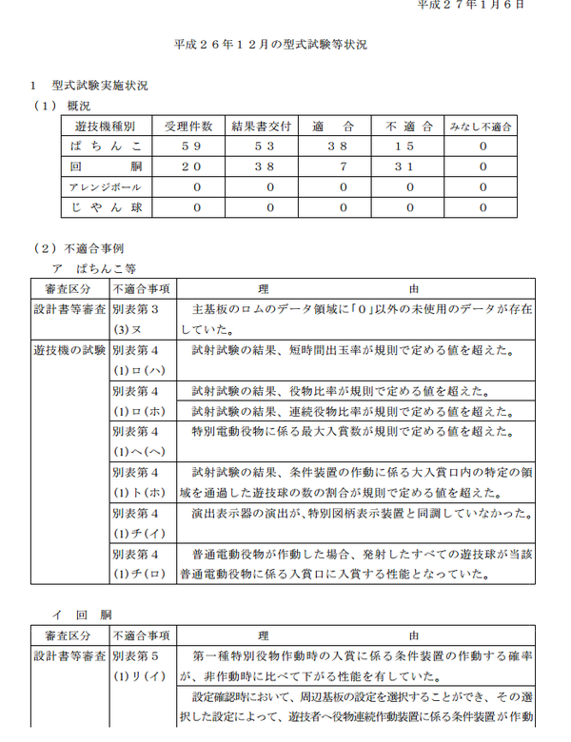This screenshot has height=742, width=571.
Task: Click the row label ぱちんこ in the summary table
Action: click(106, 146)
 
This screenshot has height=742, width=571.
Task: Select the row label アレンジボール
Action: click(106, 186)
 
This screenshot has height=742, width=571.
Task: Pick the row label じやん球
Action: click(106, 206)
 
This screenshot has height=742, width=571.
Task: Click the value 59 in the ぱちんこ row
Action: click(189, 146)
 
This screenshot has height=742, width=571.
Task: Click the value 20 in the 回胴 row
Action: click(189, 166)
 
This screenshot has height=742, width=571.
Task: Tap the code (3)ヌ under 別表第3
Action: click(128, 330)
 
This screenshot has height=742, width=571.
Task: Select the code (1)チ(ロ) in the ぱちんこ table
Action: click(139, 574)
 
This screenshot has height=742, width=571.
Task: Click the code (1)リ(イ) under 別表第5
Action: click(139, 676)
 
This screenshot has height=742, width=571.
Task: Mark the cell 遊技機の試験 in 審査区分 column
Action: click(69, 350)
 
